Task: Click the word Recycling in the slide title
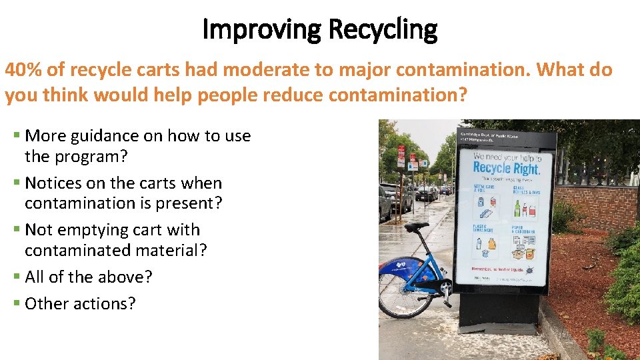pyautogui.click(x=383, y=29)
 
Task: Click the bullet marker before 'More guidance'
pyautogui.click(x=17, y=136)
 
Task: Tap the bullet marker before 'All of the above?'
pyautogui.click(x=17, y=277)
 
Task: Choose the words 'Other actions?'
pyautogui.click(x=80, y=303)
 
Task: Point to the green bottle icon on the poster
pyautogui.click(x=518, y=209)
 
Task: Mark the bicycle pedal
pyautogui.click(x=446, y=287)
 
